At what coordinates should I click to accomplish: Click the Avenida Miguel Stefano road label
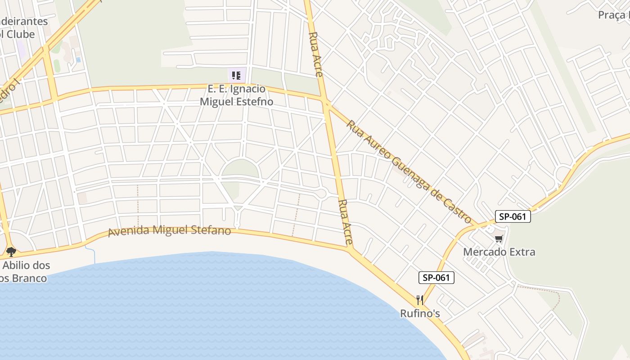click(x=169, y=231)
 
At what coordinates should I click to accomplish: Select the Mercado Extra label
click(x=499, y=252)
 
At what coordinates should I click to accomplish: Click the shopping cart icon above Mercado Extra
click(x=499, y=238)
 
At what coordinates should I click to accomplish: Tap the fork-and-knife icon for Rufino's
click(x=420, y=300)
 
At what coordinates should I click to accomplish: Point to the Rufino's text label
click(x=420, y=313)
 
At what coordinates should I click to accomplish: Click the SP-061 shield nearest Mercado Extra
click(x=513, y=216)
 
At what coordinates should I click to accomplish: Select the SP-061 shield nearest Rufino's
click(x=436, y=278)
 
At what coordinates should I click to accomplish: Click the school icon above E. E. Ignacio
click(x=237, y=75)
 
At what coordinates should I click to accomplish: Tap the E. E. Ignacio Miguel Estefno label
click(x=236, y=95)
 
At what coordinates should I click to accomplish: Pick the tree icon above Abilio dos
click(x=11, y=252)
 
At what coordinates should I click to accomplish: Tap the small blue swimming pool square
click(x=78, y=59)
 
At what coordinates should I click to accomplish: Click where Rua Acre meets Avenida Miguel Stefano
click(x=351, y=249)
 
